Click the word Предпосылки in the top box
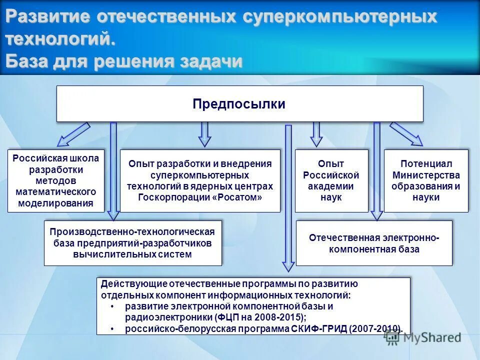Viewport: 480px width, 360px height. [239, 104]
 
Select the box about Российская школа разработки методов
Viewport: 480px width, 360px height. [56, 180]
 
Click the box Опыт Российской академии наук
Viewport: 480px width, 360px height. [331, 180]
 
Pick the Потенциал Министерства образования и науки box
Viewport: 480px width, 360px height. [426, 180]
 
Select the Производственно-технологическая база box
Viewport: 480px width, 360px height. [132, 242]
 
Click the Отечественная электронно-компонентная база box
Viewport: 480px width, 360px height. [374, 243]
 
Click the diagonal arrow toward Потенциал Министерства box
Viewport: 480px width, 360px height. [406, 134]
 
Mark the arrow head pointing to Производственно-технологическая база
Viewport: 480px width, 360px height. [113, 215]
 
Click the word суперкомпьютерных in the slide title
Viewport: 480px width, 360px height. [340, 17]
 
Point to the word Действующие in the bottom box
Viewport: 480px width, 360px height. [127, 283]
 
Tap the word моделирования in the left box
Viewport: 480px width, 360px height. [56, 203]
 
